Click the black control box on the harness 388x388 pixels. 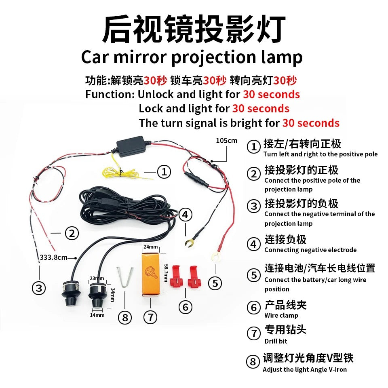tap(131, 146)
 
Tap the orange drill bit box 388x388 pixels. tap(151, 274)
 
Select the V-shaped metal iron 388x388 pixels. tap(125, 277)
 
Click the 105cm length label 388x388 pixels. tap(226, 141)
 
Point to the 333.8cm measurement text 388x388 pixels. tap(53, 257)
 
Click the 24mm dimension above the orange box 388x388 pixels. tap(151, 247)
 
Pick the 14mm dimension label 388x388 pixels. tap(97, 315)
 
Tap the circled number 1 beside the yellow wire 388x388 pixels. tap(164, 172)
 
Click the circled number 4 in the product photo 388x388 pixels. tap(186, 215)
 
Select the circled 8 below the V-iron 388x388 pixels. tap(125, 318)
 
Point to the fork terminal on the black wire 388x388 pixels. tap(189, 242)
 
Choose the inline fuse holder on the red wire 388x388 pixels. tap(196, 178)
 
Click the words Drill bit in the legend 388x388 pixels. tap(276, 341)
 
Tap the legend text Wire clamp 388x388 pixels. tap(281, 315)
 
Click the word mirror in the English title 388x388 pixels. tap(140, 57)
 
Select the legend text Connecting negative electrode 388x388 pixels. tap(310, 250)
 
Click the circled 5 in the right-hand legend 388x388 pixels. tap(254, 275)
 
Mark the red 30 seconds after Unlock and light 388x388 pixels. tap(272, 94)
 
